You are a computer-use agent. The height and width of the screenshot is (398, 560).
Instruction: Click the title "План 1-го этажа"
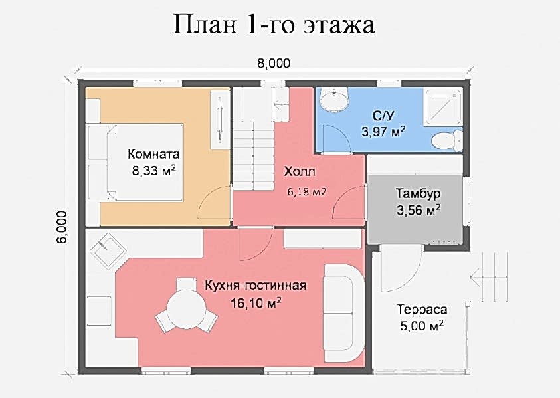coord(274,25)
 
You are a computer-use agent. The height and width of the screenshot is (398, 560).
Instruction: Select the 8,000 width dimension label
coord(274,63)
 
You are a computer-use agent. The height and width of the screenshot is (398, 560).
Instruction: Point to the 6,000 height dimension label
coord(61,228)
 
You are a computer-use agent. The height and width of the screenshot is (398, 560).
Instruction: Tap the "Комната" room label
coord(153,154)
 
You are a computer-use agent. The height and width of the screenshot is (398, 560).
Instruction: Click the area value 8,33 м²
coord(153,170)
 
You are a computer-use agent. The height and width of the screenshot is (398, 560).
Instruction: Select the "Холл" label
coord(300,172)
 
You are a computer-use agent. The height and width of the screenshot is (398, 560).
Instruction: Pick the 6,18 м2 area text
coord(307,192)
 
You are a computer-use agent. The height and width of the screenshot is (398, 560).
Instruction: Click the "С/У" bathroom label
coord(383,116)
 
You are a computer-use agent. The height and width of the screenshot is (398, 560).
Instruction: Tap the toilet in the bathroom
coord(447,140)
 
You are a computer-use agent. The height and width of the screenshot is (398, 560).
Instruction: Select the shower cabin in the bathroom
coord(442,106)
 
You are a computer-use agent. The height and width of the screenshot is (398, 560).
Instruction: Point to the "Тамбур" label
coord(419,193)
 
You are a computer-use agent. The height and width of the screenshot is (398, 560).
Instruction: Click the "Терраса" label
coord(422,309)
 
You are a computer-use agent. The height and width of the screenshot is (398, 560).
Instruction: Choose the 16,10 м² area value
coord(256,303)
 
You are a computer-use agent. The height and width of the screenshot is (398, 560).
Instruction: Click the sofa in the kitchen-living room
coord(343,314)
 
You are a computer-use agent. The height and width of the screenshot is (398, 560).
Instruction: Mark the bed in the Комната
coord(136,162)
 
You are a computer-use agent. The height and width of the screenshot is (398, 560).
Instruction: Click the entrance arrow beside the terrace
coord(489,278)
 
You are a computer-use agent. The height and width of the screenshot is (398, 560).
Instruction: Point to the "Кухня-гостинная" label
coord(255,286)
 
